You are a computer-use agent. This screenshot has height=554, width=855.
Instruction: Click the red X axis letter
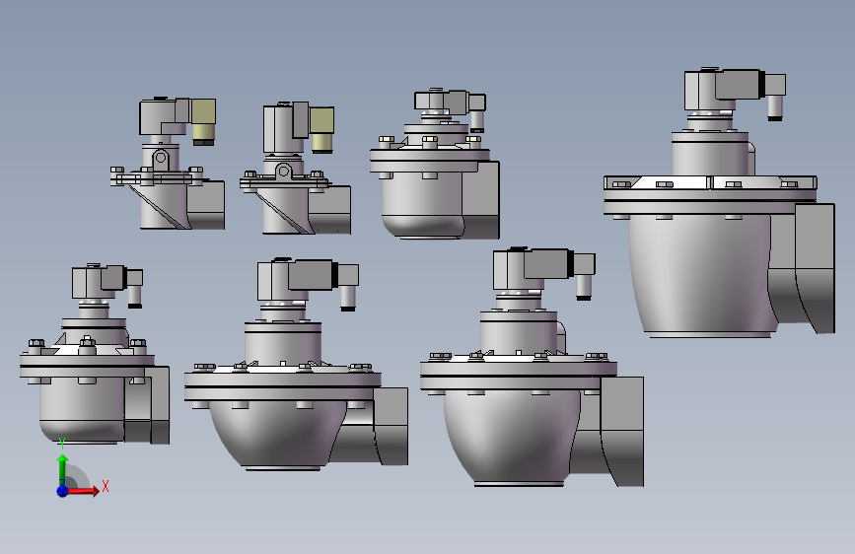106,486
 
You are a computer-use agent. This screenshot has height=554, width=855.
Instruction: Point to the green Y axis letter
62,443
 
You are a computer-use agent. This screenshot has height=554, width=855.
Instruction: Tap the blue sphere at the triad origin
63,491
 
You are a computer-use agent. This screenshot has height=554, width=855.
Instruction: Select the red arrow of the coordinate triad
82,491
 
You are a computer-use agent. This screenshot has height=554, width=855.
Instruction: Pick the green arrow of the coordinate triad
63,469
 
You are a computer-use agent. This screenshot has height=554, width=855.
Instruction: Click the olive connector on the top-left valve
203,121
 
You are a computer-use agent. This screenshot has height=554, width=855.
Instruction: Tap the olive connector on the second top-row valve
321,129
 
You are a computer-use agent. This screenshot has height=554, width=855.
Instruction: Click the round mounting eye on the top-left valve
161,159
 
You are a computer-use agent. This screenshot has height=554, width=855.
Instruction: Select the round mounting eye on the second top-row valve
283,173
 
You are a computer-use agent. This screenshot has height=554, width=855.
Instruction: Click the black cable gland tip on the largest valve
775,117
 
